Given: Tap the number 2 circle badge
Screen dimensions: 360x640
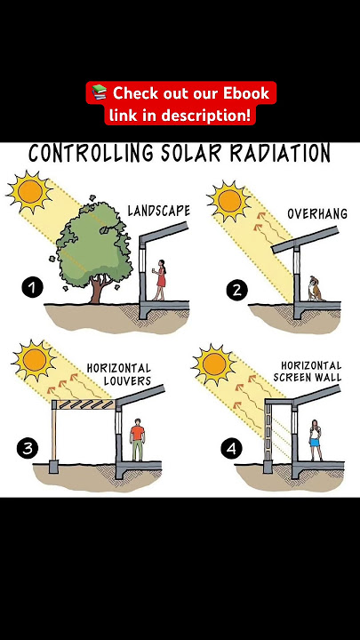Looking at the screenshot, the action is (x=236, y=290).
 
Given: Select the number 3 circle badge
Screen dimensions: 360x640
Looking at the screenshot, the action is (x=28, y=448).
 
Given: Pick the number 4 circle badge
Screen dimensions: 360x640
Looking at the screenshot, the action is (x=231, y=449).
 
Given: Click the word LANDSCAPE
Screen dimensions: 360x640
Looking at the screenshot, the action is (x=159, y=211).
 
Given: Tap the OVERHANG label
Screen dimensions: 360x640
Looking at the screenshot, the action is (x=317, y=213).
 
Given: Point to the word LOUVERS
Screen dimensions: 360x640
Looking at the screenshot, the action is (x=127, y=381).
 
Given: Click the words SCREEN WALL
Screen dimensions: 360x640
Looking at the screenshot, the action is (x=308, y=377).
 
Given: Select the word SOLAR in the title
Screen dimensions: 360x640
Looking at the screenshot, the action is (x=191, y=153).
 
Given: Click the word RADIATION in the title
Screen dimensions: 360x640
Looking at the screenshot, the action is (x=280, y=153).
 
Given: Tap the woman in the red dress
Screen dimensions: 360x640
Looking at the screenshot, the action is (x=160, y=280).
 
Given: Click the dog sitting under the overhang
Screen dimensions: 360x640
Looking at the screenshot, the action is (x=315, y=289).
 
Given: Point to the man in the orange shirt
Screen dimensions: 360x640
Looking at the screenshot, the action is (x=138, y=440).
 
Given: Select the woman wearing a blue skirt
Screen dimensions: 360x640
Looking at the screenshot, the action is (x=315, y=440).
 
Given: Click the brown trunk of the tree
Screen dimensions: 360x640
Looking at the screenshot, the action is (x=97, y=290).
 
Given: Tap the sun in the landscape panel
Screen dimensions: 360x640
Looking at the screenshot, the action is (x=30, y=191).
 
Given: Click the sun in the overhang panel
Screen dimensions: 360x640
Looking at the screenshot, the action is (x=229, y=201).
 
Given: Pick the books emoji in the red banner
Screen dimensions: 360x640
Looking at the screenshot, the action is (x=100, y=92).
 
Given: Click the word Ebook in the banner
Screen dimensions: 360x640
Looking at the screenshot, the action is (x=246, y=93).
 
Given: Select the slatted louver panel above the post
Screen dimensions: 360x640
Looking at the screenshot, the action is (x=85, y=404).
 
